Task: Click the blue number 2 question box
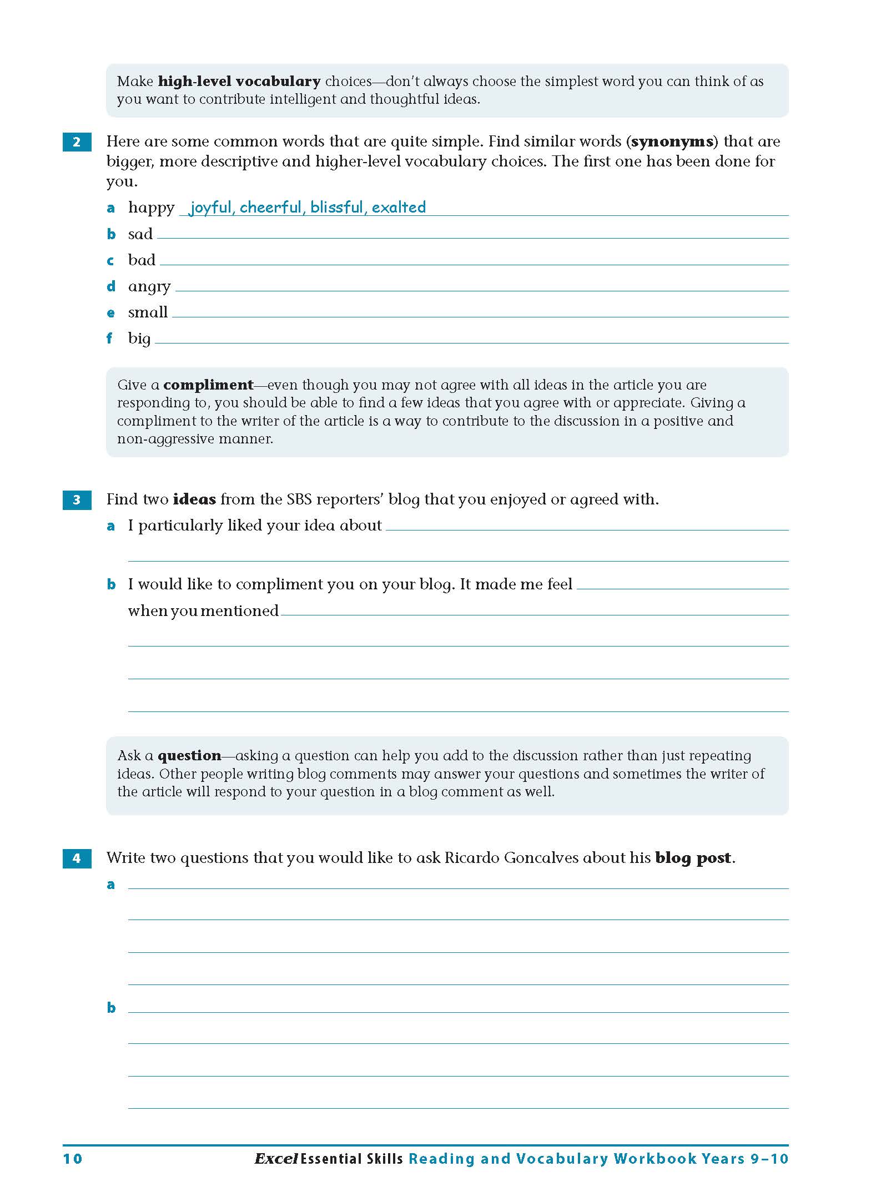(77, 142)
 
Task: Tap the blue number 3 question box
(77, 500)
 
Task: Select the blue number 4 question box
(77, 858)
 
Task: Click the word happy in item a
(151, 208)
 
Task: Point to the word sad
(140, 234)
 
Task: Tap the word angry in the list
(149, 287)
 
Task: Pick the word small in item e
(148, 312)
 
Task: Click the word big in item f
(139, 339)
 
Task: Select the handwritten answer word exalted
(399, 208)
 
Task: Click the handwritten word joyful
(210, 208)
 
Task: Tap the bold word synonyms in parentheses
(672, 142)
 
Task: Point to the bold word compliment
(208, 385)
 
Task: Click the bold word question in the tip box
(189, 756)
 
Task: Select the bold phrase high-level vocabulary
(239, 82)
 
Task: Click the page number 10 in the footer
(72, 1159)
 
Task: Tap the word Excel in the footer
(276, 1159)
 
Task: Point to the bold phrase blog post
(693, 858)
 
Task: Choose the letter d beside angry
(111, 286)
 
